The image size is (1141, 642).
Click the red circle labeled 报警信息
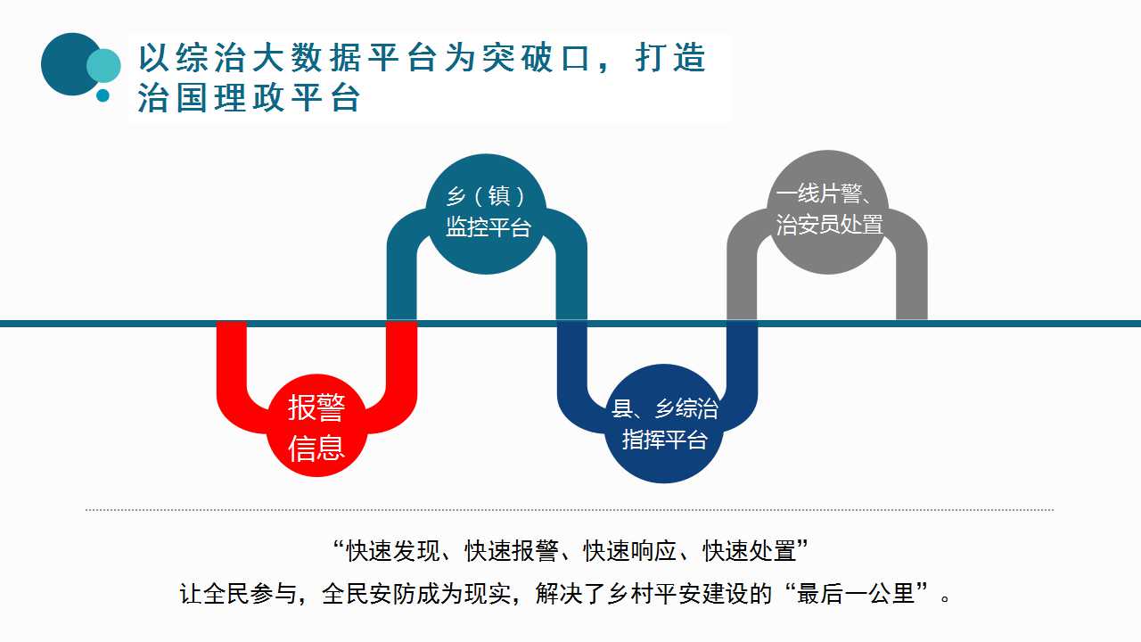[316, 426]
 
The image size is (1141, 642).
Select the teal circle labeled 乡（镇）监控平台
[486, 214]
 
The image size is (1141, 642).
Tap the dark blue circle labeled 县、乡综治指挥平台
[663, 424]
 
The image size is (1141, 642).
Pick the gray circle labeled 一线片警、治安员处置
[828, 212]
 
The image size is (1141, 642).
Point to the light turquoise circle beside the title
[104, 66]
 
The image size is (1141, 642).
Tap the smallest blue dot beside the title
[103, 95]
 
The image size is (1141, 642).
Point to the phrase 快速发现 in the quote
[392, 551]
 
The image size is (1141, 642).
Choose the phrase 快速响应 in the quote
[630, 551]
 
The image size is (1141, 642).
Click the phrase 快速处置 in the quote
[750, 551]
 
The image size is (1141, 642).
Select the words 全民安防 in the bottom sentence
[369, 594]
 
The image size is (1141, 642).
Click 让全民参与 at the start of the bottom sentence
[237, 594]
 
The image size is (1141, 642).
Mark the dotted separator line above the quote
[570, 509]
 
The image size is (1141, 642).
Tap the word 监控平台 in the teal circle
[488, 227]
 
